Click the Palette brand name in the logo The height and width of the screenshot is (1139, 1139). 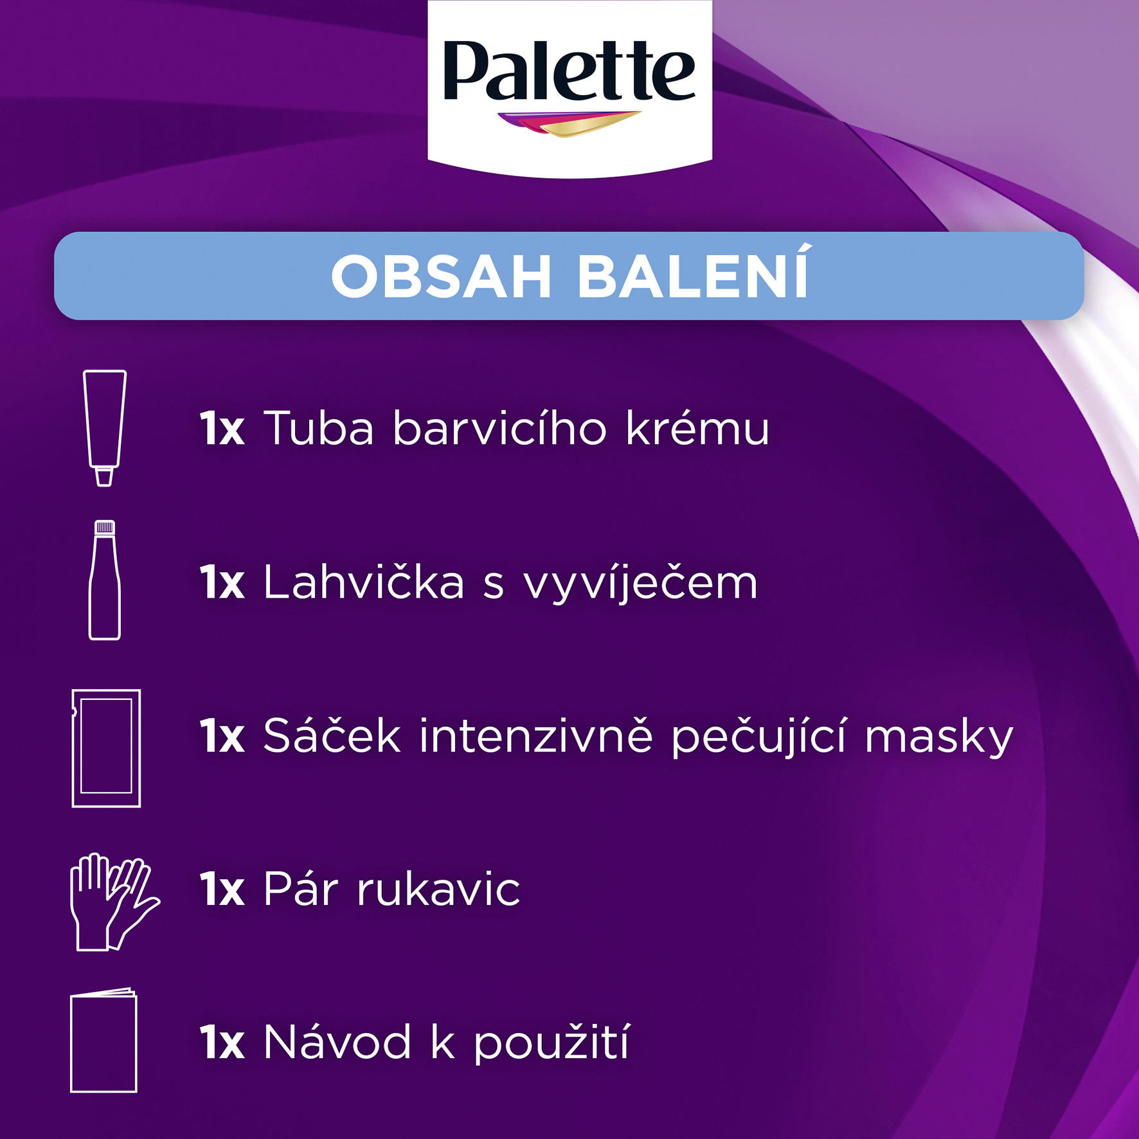tap(569, 71)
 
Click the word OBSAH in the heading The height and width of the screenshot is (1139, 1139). tap(441, 277)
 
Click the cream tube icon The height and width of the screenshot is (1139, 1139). tap(105, 428)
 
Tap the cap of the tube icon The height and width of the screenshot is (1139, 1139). tap(104, 477)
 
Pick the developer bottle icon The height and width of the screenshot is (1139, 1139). tap(105, 580)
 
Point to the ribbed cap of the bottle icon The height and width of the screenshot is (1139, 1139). tap(105, 528)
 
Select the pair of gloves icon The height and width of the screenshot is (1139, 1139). tap(114, 902)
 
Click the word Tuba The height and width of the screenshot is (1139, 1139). tap(319, 427)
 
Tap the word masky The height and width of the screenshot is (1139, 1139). tap(939, 738)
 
